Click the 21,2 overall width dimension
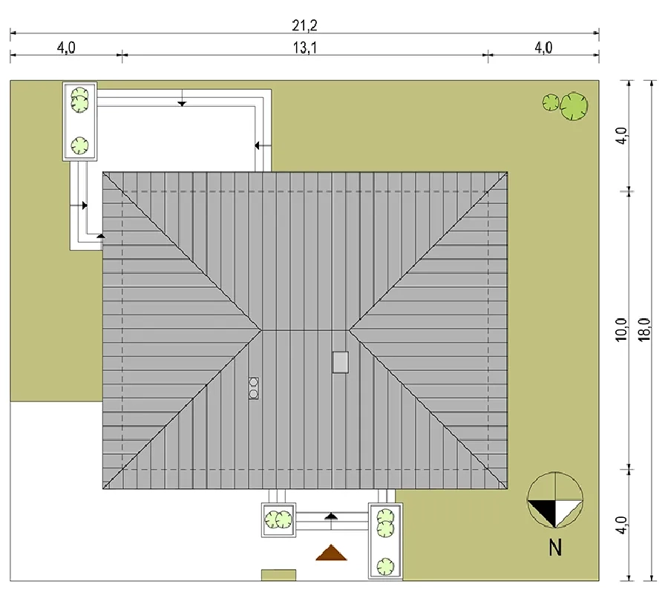point(304,26)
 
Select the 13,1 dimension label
point(304,48)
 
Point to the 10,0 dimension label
point(621,329)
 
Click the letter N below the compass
point(555,548)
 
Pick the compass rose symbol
point(554,500)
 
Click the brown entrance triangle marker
point(331,553)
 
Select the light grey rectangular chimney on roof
point(341,362)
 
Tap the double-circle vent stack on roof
point(254,388)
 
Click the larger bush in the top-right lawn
point(574,106)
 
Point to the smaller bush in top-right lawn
point(551,102)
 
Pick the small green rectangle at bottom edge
point(278,575)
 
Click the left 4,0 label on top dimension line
point(66,47)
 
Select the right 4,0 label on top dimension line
point(543,47)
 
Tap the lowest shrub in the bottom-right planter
point(385,567)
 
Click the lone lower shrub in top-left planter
point(79,145)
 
